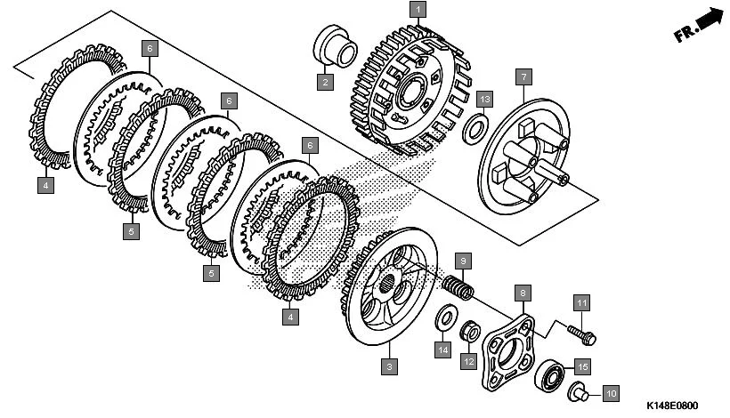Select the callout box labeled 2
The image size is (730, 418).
click(325, 83)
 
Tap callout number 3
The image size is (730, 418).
click(388, 366)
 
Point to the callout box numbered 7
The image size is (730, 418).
click(523, 76)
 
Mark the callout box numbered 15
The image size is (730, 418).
click(582, 366)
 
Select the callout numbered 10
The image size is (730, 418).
click(610, 392)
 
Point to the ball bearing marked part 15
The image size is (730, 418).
click(552, 374)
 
